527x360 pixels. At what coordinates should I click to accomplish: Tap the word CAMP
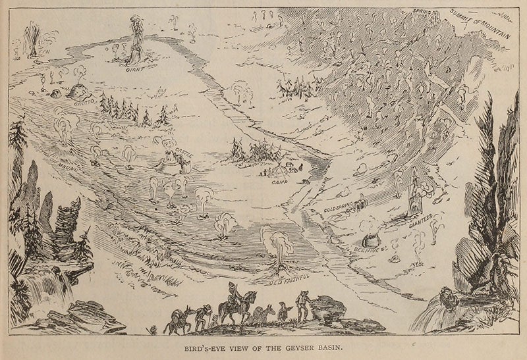(280, 179)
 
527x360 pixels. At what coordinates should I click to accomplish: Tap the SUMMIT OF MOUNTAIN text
(479, 29)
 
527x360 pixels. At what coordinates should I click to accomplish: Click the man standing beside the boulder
(302, 305)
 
